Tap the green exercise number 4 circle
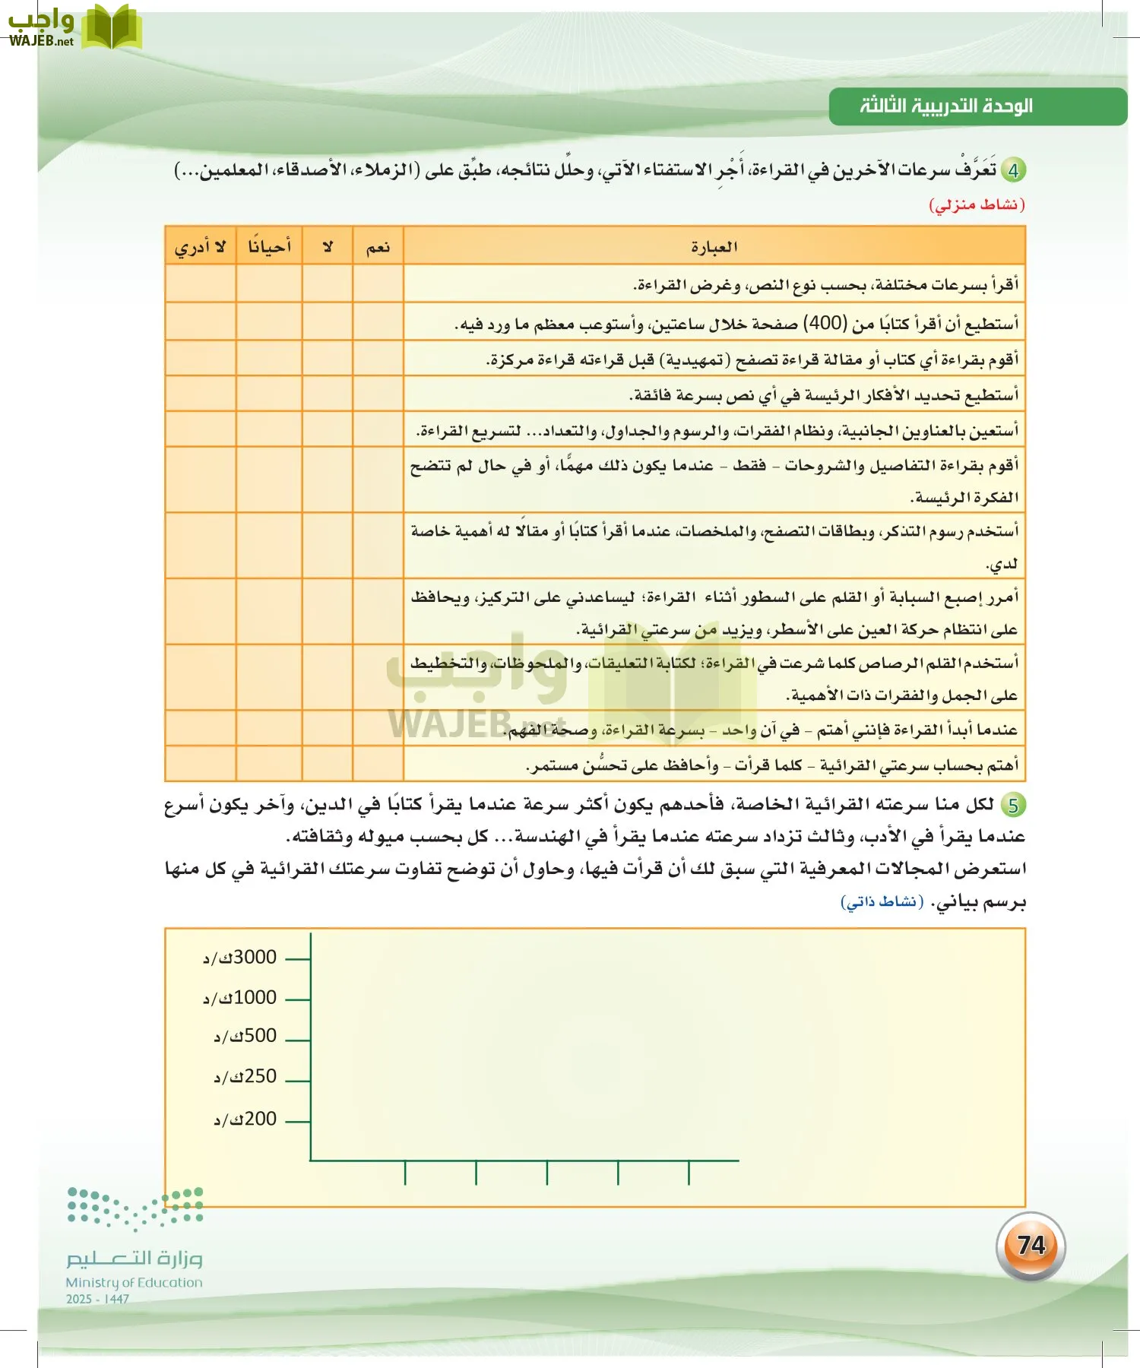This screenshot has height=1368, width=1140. point(1013,169)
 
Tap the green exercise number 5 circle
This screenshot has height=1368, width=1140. point(1013,805)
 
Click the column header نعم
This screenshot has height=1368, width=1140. point(378,247)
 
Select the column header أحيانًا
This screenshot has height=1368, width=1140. point(269,247)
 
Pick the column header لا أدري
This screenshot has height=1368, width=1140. point(201,247)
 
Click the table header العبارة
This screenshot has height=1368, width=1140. point(714,247)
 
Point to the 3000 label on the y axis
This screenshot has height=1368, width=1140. point(240,958)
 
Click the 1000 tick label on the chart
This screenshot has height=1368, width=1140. point(240,998)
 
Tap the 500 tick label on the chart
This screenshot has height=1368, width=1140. point(245,1036)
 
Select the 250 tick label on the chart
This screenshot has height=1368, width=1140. point(245,1077)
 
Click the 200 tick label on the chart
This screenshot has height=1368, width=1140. point(245,1119)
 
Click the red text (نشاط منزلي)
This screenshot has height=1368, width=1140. point(977,205)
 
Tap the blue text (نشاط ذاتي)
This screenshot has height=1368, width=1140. point(882,902)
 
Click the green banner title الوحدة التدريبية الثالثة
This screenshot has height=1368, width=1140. point(946,106)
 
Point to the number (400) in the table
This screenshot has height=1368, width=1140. point(825,323)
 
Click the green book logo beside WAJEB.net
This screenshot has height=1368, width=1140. point(112,27)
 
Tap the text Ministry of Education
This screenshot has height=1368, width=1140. point(134,1282)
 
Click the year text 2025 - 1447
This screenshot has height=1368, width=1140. point(97,1299)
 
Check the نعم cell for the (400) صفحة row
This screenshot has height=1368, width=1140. point(378,321)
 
